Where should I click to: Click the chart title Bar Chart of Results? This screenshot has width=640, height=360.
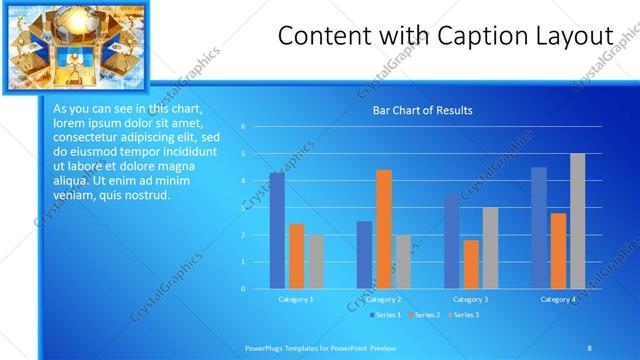coord(422,110)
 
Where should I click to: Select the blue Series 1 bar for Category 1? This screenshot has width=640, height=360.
coord(277,231)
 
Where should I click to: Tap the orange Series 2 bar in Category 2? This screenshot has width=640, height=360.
coord(384,229)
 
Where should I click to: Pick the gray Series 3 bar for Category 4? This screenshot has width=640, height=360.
coord(578,221)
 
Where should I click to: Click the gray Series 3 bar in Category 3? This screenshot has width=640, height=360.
coord(490,248)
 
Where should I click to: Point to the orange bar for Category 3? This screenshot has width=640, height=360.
coord(471,264)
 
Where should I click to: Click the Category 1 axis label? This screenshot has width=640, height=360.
coord(296,299)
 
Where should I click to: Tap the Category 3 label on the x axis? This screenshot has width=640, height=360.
coord(471,299)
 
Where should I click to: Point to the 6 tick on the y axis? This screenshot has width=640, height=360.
coord(243,127)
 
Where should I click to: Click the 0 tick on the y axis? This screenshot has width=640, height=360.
coord(243,289)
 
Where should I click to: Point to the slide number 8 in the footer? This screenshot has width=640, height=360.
coord(589,347)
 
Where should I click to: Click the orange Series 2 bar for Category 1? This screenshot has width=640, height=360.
coord(297,256)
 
